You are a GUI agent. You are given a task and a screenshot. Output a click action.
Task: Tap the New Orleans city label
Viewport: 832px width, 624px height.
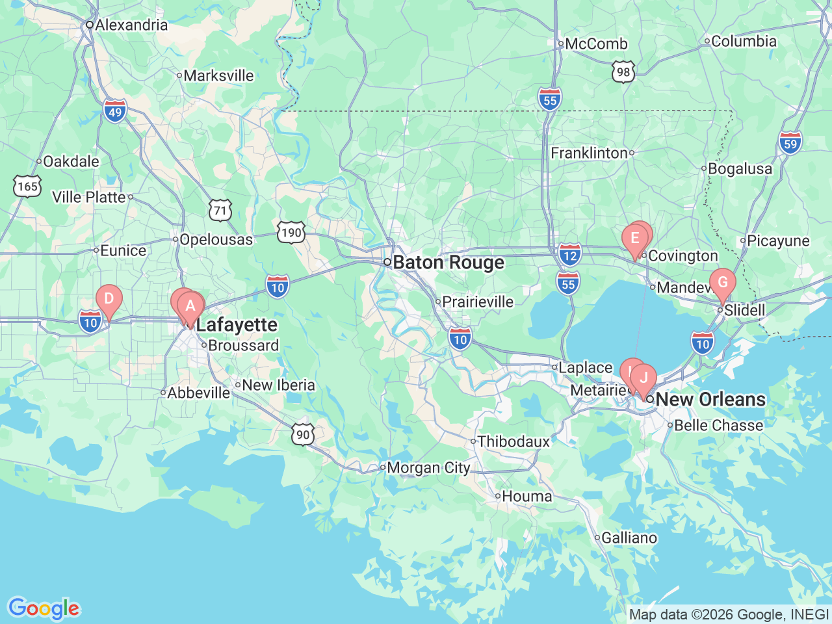pyautogui.click(x=710, y=399)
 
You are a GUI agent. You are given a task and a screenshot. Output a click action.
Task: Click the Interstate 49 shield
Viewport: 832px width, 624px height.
pyautogui.click(x=114, y=112)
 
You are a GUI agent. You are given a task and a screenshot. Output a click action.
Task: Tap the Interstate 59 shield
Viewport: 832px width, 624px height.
pyautogui.click(x=790, y=143)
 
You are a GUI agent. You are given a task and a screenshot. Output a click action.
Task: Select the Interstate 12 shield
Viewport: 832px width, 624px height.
pyautogui.click(x=569, y=255)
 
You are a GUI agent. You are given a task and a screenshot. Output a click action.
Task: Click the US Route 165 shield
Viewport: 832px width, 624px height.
pyautogui.click(x=27, y=187)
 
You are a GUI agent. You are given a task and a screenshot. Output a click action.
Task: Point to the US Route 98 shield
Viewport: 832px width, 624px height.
pyautogui.click(x=623, y=71)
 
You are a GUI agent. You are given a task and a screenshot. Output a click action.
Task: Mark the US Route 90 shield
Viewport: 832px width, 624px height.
pyautogui.click(x=303, y=434)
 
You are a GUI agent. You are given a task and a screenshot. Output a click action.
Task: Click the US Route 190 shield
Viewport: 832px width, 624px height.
pyautogui.click(x=291, y=232)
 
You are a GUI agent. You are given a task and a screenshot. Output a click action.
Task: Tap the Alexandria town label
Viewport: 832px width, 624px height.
pyautogui.click(x=131, y=25)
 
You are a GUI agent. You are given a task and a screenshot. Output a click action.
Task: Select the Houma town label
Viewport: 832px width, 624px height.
pyautogui.click(x=526, y=497)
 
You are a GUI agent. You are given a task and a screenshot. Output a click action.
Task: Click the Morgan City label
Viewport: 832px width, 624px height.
pyautogui.click(x=428, y=468)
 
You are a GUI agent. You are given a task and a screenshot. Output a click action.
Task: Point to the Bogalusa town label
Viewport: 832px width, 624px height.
pyautogui.click(x=740, y=169)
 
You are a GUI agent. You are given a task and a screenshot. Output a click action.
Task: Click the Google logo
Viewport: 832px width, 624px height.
pyautogui.click(x=44, y=609)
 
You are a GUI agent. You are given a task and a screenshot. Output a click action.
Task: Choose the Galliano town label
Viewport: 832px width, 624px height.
pyautogui.click(x=629, y=538)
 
